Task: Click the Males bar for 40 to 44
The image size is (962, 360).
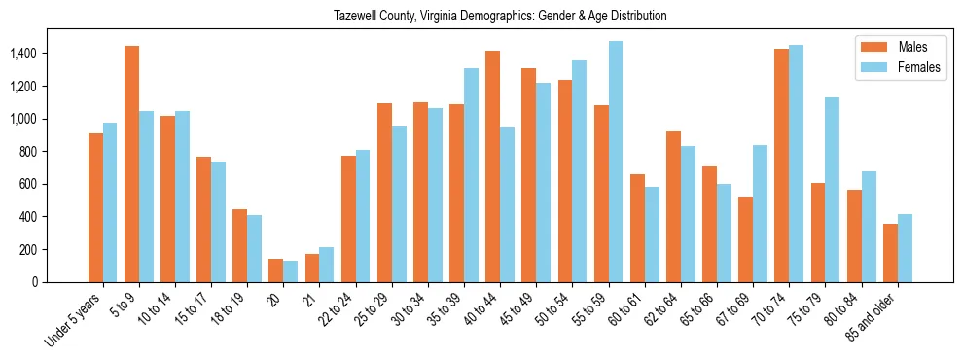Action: click(x=492, y=166)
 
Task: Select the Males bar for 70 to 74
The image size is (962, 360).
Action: click(x=781, y=165)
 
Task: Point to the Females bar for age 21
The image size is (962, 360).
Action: click(x=327, y=265)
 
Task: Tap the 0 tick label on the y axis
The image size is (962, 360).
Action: click(x=60, y=282)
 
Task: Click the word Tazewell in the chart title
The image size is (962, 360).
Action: click(x=354, y=17)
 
